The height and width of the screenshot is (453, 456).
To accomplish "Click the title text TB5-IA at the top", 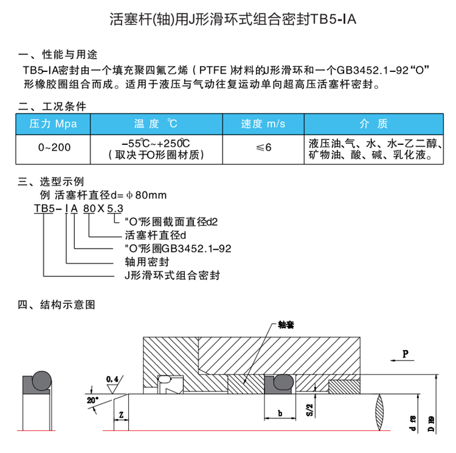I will (332, 20).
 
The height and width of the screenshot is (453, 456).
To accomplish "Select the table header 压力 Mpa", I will (54, 124).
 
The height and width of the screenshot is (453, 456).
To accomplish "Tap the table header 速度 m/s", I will (263, 124).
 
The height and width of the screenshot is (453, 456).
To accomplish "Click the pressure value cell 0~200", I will (54, 147).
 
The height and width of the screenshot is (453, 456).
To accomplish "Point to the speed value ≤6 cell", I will (263, 147).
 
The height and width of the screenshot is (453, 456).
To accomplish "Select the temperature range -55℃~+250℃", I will (154, 143).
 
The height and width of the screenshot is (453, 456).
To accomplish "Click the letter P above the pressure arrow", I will (405, 354).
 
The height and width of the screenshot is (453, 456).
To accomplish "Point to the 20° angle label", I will (92, 401).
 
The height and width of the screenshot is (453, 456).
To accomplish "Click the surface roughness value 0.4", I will (112, 378).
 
